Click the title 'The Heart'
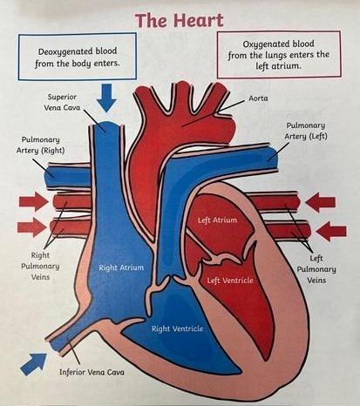click(180, 20)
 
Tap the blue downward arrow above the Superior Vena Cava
click(106, 98)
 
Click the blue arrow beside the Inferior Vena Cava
click(34, 364)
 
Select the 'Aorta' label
click(258, 98)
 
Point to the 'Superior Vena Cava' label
click(62, 102)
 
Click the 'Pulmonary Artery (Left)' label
click(306, 131)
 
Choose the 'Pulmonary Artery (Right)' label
click(40, 145)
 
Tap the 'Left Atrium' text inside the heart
click(217, 220)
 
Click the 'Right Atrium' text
click(121, 267)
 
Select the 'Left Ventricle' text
click(230, 281)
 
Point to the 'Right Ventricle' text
click(177, 328)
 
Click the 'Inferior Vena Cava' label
click(92, 372)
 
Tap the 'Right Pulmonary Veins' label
click(40, 266)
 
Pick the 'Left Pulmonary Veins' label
click(316, 269)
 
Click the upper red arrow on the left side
click(34, 201)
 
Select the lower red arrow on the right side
click(331, 231)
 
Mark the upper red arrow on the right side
click(321, 202)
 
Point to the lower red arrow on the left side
click(32, 227)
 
